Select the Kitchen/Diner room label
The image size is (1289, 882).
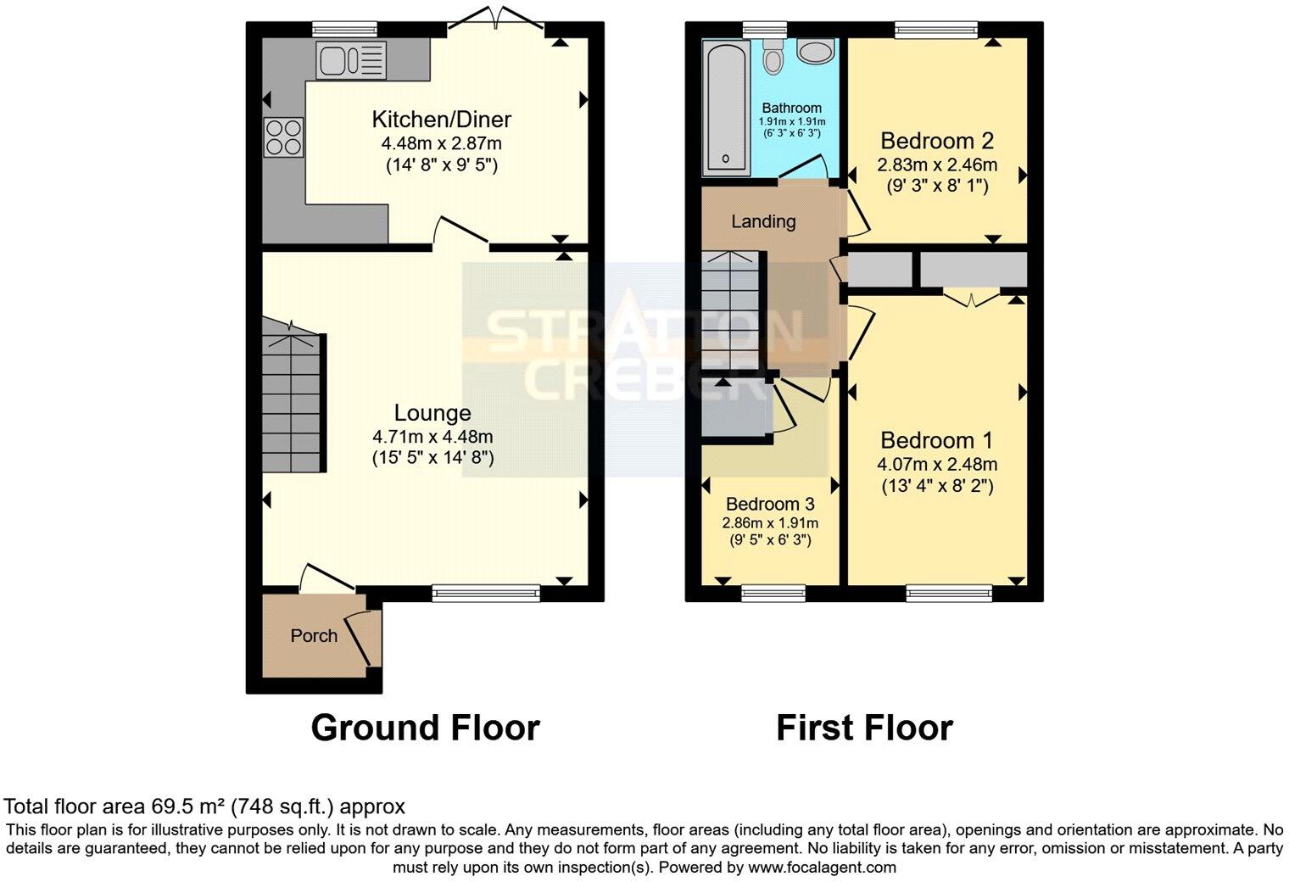(442, 119)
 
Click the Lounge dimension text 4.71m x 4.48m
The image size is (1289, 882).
(432, 437)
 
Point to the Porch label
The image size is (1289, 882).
(314, 635)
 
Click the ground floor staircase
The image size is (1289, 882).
(293, 403)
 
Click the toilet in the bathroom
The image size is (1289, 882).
(773, 56)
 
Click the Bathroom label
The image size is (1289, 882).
(791, 108)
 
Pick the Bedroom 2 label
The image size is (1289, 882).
(937, 141)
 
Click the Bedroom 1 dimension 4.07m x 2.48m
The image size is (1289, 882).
(937, 464)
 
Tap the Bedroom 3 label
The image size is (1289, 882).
(770, 504)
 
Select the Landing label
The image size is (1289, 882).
(763, 221)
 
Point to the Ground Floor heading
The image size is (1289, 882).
(425, 728)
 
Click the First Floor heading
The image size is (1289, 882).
(864, 728)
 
